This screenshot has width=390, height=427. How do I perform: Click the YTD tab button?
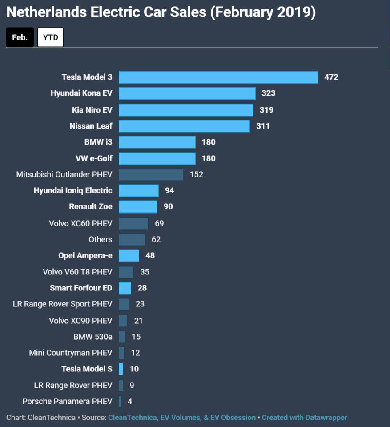pyautogui.click(x=51, y=37)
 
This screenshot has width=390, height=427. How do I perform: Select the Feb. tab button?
pyautogui.click(x=20, y=37)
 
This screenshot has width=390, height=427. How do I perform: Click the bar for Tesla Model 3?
pyautogui.click(x=218, y=77)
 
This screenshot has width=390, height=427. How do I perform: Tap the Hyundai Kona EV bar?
pyautogui.click(x=187, y=93)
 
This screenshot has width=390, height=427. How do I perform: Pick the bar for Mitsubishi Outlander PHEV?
pyautogui.click(x=151, y=174)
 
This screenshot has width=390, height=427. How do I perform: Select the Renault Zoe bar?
pyautogui.click(x=138, y=207)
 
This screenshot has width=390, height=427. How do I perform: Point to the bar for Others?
pyautogui.click(x=132, y=239)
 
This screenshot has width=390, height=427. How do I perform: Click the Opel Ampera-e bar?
pyautogui.click(x=129, y=255)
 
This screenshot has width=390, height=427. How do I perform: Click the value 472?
pyautogui.click(x=331, y=77)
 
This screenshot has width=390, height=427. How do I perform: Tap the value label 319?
pyautogui.click(x=266, y=110)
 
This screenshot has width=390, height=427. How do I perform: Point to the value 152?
pyautogui.click(x=196, y=174)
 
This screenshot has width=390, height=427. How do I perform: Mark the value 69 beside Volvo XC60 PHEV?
pyautogui.click(x=159, y=223)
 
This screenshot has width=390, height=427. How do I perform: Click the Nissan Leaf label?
pyautogui.click(x=91, y=126)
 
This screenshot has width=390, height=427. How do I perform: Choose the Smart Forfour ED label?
pyautogui.click(x=81, y=288)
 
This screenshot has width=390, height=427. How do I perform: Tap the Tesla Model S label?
pyautogui.click(x=87, y=369)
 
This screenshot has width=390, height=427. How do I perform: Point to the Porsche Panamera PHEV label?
pyautogui.click(x=67, y=401)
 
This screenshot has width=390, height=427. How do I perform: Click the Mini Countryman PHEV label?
pyautogui.click(x=71, y=353)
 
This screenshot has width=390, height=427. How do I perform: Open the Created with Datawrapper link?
pyautogui.click(x=305, y=418)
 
